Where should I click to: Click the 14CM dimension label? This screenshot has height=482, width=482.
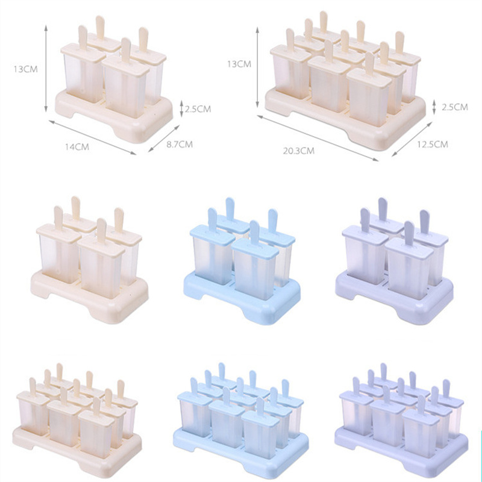coord(77,147)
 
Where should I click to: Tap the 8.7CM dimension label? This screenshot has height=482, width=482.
coord(180,144)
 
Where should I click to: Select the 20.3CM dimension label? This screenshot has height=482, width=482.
coord(298,151)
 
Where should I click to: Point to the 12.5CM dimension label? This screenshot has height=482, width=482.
coord(433,144)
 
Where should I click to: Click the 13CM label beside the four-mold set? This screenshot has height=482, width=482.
coord(25,69)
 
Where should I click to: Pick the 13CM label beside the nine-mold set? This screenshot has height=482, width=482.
coord(239,64)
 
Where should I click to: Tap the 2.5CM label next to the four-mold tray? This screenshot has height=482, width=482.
coord(198,109)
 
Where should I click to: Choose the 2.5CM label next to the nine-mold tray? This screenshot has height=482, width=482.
coord(455,107)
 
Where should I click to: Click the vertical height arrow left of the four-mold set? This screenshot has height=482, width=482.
coord(46,68)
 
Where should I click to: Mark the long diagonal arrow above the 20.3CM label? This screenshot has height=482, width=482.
coord(318,138)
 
